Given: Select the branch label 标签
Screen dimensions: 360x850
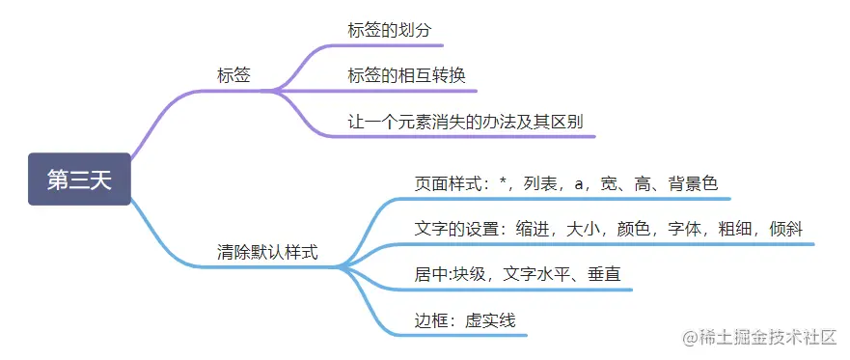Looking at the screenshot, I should (x=233, y=75).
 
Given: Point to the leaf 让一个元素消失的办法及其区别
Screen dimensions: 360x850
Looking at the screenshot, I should (x=465, y=123).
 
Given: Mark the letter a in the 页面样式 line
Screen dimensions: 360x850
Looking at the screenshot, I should (x=579, y=182).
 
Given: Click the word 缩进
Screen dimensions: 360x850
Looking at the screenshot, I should (x=531, y=229).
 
